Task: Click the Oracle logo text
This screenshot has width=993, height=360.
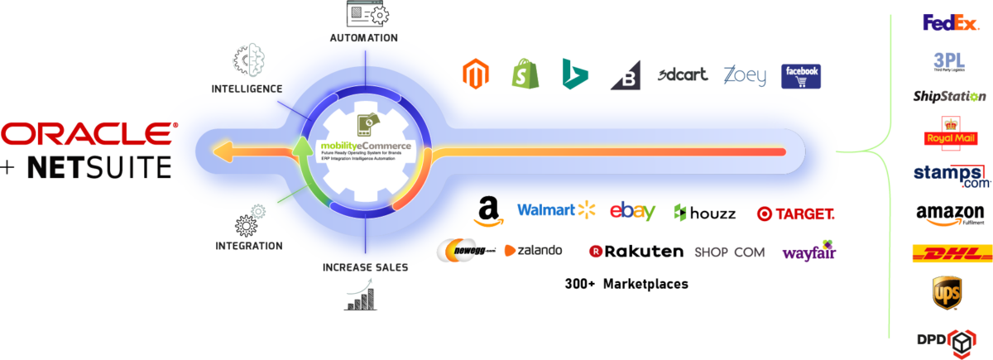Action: [x=89, y=132]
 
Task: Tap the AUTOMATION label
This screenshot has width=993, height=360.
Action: [x=363, y=38]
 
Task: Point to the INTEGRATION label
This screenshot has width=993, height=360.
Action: [x=248, y=246]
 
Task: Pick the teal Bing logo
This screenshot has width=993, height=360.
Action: [x=574, y=73]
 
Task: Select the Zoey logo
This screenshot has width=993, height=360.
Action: [x=744, y=74]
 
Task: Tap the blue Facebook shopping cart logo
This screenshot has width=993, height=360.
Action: [x=801, y=76]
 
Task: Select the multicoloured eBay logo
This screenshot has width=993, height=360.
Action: [x=631, y=212]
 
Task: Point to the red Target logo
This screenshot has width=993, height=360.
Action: [x=795, y=214]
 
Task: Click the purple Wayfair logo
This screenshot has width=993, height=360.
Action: [x=808, y=252]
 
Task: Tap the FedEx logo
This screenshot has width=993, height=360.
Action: [x=950, y=22]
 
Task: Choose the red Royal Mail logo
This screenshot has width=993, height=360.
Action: [x=945, y=134]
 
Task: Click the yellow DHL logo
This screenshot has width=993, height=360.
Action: [x=946, y=253]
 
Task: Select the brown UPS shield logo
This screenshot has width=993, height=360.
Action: [x=947, y=293]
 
